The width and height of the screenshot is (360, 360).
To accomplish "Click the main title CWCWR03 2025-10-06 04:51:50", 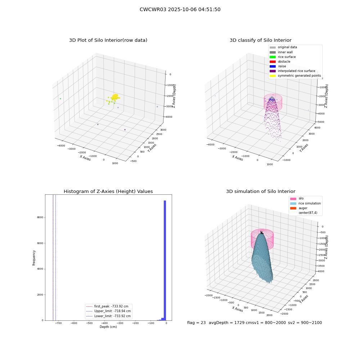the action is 180,9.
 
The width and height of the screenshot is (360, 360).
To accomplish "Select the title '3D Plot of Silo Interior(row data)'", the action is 108,40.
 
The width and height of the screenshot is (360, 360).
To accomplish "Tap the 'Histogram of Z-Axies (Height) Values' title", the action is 108,192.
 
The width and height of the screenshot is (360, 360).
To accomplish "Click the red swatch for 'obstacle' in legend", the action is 273,62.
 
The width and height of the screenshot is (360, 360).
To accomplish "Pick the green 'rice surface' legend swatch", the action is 273,57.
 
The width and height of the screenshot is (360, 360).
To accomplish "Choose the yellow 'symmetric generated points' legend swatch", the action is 273,76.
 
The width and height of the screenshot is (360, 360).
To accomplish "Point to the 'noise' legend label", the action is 282,66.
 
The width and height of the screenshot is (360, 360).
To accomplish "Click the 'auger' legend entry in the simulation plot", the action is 303,208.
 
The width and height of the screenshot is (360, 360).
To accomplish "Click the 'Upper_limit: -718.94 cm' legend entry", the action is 108,311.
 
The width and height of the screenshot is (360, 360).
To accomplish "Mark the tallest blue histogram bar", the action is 165,260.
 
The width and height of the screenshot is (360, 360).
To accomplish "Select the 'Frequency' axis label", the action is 34,258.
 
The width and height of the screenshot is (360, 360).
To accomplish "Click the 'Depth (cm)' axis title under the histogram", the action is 108,327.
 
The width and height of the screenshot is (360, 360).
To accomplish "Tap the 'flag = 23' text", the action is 196,323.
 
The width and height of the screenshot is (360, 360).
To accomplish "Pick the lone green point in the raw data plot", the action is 60,99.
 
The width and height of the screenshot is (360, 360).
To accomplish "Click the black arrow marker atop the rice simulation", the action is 262,233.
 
